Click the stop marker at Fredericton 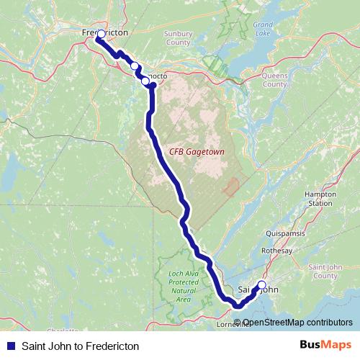pos(101,35)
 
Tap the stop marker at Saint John pos(261,286)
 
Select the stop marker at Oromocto pos(145,81)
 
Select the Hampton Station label pos(320,199)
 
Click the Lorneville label pos(235,324)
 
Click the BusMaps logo pos(326,345)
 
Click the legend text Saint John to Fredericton pos(81,346)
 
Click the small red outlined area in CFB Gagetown pos(230,188)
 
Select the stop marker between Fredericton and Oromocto pos(134,66)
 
